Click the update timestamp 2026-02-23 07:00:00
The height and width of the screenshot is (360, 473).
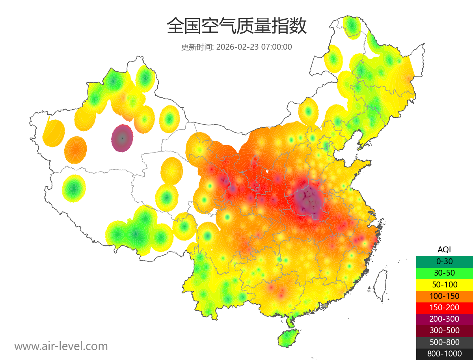[x=254, y=47]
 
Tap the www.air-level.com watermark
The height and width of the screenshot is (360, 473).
[x=61, y=346]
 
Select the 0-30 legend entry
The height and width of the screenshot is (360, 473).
[x=444, y=261]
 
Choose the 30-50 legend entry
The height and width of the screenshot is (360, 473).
[x=444, y=272]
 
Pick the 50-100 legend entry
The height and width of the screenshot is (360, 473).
[x=444, y=284]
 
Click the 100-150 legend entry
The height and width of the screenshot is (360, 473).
[x=444, y=296]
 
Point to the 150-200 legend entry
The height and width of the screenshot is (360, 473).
[x=444, y=307]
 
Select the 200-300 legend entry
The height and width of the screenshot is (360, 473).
[x=444, y=319]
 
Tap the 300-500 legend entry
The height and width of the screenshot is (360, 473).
[x=444, y=330]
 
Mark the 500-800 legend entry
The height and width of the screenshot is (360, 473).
[x=444, y=342]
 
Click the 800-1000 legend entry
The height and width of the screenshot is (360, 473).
[x=444, y=354]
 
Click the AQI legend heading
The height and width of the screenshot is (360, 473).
[x=444, y=249]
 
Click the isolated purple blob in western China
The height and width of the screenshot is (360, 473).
[x=122, y=138]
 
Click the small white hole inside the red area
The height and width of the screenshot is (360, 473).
[x=267, y=172]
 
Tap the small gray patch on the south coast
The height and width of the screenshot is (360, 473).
[x=324, y=306]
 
